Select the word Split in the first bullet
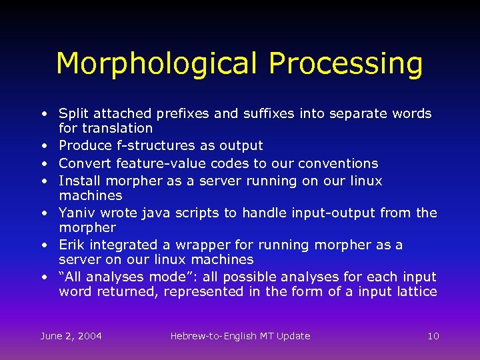click(x=73, y=114)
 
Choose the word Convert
click(x=85, y=163)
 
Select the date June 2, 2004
click(x=71, y=336)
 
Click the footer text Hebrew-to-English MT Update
click(x=240, y=336)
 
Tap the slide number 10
click(x=433, y=336)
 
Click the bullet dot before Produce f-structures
click(x=43, y=146)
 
